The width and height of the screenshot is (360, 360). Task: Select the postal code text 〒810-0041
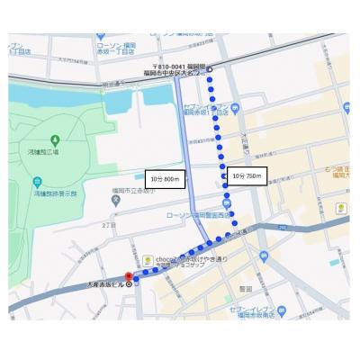coord(167,67)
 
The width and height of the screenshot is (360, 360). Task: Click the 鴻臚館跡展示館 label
coord(56,193)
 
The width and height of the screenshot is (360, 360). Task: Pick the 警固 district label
coord(245,288)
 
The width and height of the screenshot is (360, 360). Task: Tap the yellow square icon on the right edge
coord(341,208)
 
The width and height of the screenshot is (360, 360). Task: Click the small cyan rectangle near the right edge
coord(346,108)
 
